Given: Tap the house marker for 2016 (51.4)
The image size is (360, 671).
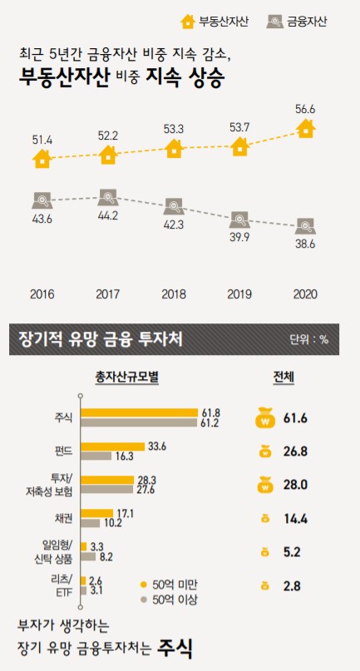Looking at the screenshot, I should pyautogui.click(x=42, y=158).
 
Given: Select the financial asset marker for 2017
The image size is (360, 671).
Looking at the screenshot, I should pyautogui.click(x=107, y=197).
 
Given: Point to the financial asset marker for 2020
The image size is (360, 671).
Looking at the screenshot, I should pyautogui.click(x=305, y=224).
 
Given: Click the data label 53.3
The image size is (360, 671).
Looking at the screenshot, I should pyautogui.click(x=173, y=129).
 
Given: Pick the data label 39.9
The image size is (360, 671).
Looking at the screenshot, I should pyautogui.click(x=239, y=242).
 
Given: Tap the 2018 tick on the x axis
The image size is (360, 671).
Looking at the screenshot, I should pyautogui.click(x=173, y=294).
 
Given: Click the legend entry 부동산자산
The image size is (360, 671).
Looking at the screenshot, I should pyautogui.click(x=211, y=21).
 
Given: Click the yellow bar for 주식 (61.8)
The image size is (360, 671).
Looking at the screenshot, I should pyautogui.click(x=139, y=412).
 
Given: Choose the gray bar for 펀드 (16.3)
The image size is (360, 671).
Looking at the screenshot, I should pyautogui.click(x=96, y=456).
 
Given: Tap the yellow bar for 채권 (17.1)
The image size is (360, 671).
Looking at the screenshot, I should pyautogui.click(x=97, y=513).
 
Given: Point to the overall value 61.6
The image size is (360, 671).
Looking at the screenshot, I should pyautogui.click(x=294, y=418).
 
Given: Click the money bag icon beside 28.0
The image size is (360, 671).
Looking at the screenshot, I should pyautogui.click(x=264, y=485).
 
